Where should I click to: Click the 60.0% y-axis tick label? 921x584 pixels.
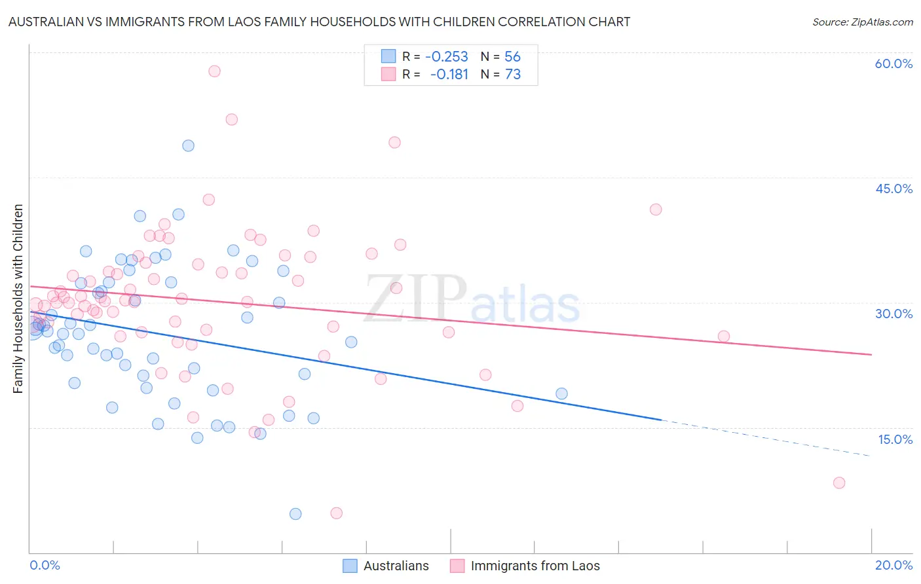[x=893, y=64]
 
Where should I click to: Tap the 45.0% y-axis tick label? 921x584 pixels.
[x=893, y=189]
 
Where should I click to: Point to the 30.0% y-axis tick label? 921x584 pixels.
[x=893, y=314]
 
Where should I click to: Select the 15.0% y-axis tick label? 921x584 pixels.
[x=895, y=439]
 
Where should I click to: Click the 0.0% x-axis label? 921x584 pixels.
[x=45, y=565]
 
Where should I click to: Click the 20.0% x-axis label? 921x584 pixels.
[x=893, y=565]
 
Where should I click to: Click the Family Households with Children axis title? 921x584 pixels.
[x=18, y=299]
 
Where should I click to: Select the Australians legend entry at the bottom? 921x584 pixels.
[x=386, y=566]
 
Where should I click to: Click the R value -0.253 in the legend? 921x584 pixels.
[x=446, y=57]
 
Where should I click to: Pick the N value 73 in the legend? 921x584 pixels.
[x=512, y=75]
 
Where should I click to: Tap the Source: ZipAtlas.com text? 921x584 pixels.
[x=862, y=22]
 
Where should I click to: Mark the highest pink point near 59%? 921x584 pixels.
[x=214, y=71]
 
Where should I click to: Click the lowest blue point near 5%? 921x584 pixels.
[x=295, y=514]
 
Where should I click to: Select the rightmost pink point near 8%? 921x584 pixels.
[x=839, y=483]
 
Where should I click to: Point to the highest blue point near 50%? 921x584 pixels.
[x=188, y=146]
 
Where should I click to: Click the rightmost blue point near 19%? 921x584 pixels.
[x=561, y=393]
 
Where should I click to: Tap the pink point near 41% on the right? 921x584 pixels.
[x=656, y=210]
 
